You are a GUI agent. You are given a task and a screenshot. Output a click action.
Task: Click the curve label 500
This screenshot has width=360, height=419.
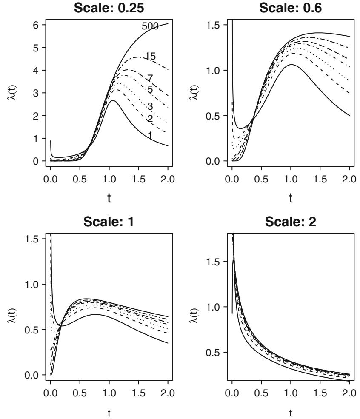pyautogui.click(x=150, y=26)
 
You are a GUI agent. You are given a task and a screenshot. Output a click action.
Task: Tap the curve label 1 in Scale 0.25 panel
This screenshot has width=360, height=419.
pyautogui.click(x=149, y=135)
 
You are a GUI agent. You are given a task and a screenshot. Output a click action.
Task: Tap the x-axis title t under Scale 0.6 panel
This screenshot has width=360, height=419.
pyautogui.click(x=291, y=198)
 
